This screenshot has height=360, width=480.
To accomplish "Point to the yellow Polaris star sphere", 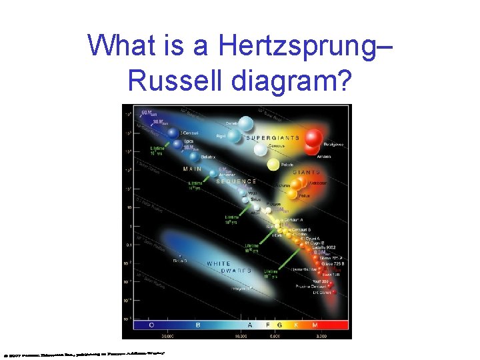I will pyautogui.click(x=273, y=164).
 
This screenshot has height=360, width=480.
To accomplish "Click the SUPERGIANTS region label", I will pyautogui.click(x=273, y=138).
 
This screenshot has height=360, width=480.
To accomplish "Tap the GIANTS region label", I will pyautogui.click(x=305, y=172).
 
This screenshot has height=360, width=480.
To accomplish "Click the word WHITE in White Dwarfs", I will pyautogui.click(x=219, y=264).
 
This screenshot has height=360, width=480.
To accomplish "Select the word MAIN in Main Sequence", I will pyautogui.click(x=193, y=169).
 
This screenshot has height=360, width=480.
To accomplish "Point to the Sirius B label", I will pyautogui.click(x=181, y=261).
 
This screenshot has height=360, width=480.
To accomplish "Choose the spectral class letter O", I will pyautogui.click(x=153, y=325).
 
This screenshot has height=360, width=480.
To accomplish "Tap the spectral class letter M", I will pyautogui.click(x=313, y=325).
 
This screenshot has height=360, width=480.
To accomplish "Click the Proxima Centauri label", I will pyautogui.click(x=312, y=286).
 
